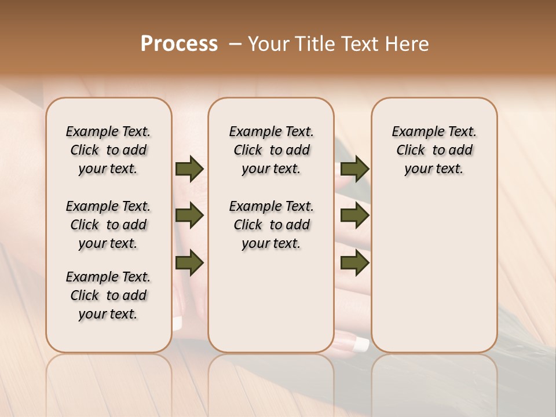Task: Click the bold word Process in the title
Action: (179, 44)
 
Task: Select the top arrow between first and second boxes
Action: (189, 169)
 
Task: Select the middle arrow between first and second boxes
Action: (189, 216)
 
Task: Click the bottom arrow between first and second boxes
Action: (189, 263)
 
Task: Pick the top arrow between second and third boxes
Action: (354, 169)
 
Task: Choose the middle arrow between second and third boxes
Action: (354, 216)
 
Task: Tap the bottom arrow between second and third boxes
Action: (354, 263)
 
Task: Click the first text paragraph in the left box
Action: (108, 150)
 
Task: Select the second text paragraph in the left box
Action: (108, 225)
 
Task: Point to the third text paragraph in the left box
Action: (108, 295)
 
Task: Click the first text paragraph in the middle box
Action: (271, 150)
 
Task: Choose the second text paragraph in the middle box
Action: (271, 225)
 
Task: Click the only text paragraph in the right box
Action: (434, 150)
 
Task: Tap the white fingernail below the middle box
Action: (361, 345)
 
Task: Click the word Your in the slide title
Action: (266, 44)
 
